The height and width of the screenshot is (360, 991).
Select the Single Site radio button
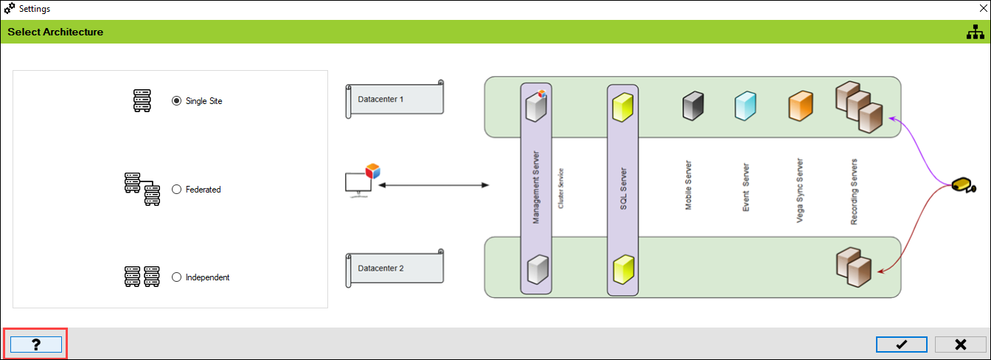pos(176,101)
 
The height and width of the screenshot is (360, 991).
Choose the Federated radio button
pos(176,190)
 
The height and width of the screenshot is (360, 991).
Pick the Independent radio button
pos(176,277)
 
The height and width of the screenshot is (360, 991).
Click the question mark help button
pos(35,344)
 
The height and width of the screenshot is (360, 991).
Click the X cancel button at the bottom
pos(960,345)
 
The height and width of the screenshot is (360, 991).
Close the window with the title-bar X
pos(983,9)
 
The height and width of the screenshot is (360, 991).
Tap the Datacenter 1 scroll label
pos(395,98)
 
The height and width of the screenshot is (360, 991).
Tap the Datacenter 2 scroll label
pos(395,268)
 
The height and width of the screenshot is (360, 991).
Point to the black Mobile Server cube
pos(693,106)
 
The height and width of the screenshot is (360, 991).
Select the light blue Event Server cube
pos(745,106)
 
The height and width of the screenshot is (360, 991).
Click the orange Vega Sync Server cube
pos(800,106)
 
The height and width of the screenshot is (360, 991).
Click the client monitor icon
pos(358,181)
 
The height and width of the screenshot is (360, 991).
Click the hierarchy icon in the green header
pos(976,32)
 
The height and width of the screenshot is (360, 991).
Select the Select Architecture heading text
pos(55,32)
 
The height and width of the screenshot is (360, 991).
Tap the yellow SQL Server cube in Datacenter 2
pos(624,269)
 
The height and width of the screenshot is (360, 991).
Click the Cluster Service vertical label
pos(561,188)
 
